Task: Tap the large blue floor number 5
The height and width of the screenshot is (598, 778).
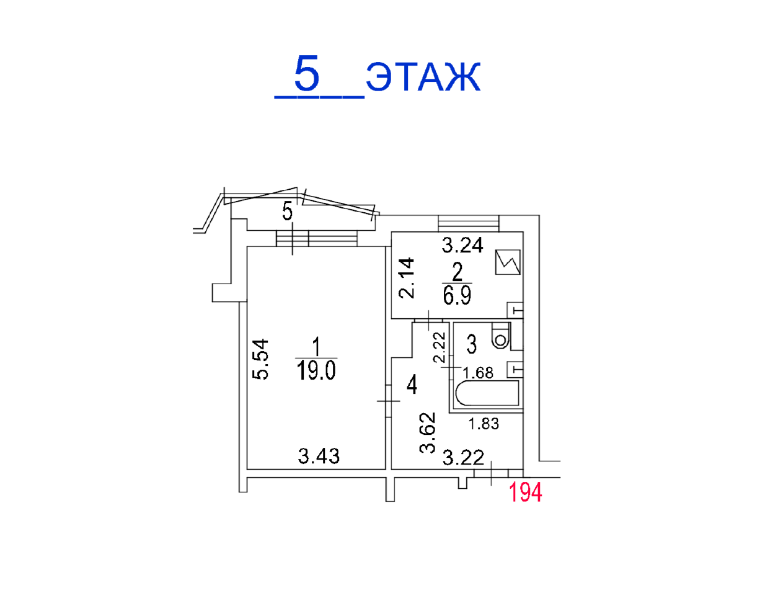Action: (x=306, y=73)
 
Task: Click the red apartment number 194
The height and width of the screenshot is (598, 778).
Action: (x=525, y=493)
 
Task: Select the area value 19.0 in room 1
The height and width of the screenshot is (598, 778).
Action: (x=316, y=370)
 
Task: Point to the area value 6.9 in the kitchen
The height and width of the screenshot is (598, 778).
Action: (x=457, y=295)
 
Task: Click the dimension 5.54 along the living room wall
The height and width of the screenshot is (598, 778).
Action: (x=260, y=359)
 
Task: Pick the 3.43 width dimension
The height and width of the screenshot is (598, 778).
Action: (x=319, y=457)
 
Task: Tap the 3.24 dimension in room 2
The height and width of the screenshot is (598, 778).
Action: (x=462, y=245)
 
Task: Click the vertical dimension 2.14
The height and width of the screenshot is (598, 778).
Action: (x=407, y=278)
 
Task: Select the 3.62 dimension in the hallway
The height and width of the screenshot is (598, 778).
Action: (x=428, y=433)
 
